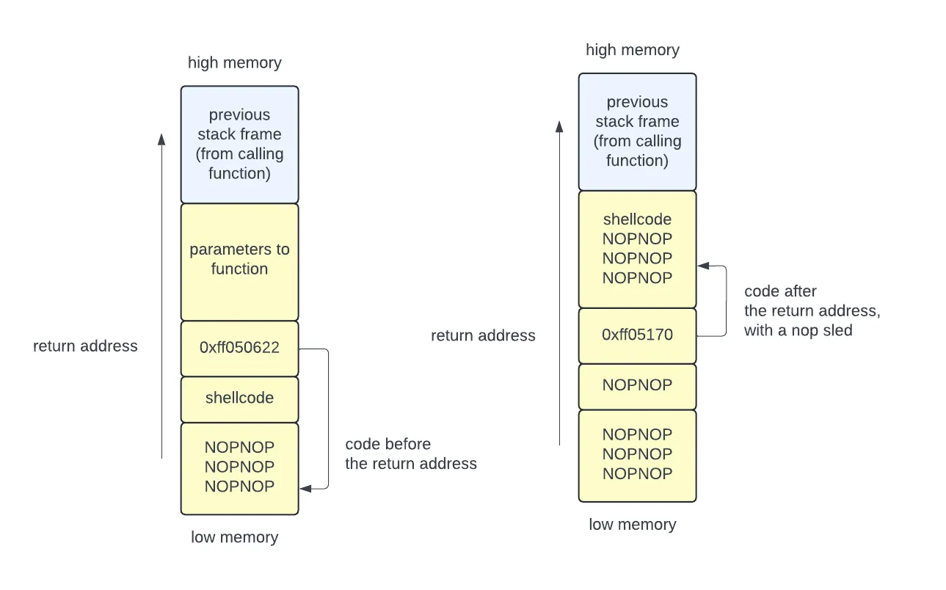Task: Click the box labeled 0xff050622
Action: tap(239, 349)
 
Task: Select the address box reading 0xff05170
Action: tap(637, 335)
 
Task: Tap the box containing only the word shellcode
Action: tap(239, 398)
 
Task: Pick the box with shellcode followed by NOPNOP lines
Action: tap(637, 249)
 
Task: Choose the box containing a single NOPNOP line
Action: tap(637, 386)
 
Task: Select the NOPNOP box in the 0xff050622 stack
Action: tap(239, 467)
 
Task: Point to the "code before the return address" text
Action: tap(410, 454)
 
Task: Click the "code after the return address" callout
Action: tap(811, 310)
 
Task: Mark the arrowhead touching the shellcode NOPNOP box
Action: tap(702, 266)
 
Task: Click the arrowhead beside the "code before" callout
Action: tap(305, 487)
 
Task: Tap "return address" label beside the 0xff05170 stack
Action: tap(483, 335)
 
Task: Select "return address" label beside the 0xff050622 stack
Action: tap(85, 346)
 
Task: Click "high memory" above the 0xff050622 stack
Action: tap(234, 62)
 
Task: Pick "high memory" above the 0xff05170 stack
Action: tap(632, 50)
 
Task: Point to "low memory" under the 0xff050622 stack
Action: tap(234, 537)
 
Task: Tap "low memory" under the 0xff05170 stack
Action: tap(632, 525)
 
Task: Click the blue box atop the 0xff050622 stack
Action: tap(239, 145)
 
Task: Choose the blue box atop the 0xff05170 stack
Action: tap(637, 131)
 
